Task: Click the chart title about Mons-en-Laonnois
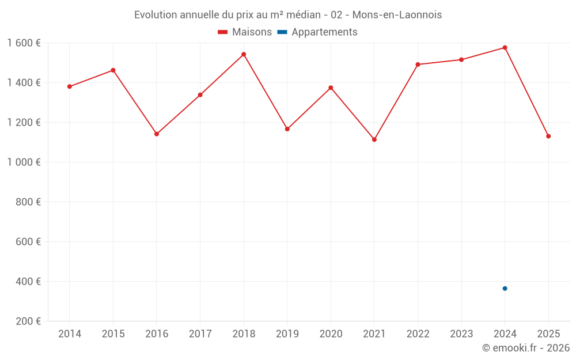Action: [x=288, y=14]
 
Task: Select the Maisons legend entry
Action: [x=245, y=32]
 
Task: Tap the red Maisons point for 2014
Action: [x=70, y=86]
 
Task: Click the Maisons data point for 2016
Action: [x=157, y=134]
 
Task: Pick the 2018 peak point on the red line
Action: [x=244, y=54]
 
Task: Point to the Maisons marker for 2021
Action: [x=374, y=139]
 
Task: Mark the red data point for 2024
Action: [x=505, y=47]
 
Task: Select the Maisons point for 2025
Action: [x=548, y=136]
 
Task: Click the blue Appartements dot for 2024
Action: [x=505, y=289]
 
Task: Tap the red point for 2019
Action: [x=287, y=129]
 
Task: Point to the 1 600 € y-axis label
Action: [x=24, y=43]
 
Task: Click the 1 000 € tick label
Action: [x=24, y=162]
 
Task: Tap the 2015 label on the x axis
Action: [x=113, y=334]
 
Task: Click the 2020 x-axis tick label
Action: [x=331, y=334]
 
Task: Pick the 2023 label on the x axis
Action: [x=461, y=334]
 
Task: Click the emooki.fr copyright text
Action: [x=525, y=348]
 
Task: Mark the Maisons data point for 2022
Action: [x=418, y=65]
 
